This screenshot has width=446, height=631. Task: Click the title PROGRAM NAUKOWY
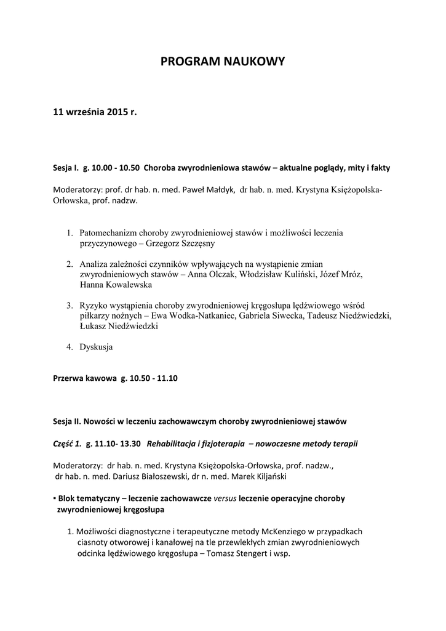coord(223,62)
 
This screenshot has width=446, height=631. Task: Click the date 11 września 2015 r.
coord(94,113)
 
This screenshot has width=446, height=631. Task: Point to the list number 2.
coord(70,264)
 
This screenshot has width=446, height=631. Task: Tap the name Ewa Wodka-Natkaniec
coord(209,316)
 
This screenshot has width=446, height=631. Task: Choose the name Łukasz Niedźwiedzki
coord(118,327)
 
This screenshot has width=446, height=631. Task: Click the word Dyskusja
coord(96,347)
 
